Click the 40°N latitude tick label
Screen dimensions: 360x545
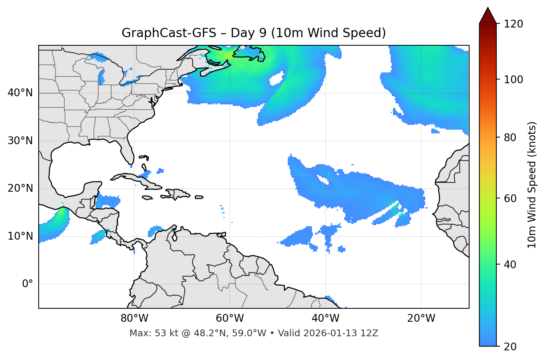[x=20, y=93]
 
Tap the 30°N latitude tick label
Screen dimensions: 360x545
[x=20, y=141]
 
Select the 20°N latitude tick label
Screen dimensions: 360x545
[x=20, y=188]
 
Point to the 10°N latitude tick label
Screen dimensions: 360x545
[x=20, y=236]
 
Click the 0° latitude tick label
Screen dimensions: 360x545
[x=28, y=284]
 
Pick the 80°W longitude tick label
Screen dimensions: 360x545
[x=134, y=318]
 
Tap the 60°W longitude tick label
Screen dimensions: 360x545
[x=230, y=318]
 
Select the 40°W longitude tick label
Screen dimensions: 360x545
[x=325, y=318]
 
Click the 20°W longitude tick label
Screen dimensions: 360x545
[x=421, y=318]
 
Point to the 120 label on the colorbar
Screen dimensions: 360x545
[x=513, y=24]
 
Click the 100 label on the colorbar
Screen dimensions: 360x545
[x=513, y=80]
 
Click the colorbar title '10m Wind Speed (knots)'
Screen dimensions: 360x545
[x=532, y=185]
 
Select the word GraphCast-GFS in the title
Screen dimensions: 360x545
[x=169, y=33]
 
